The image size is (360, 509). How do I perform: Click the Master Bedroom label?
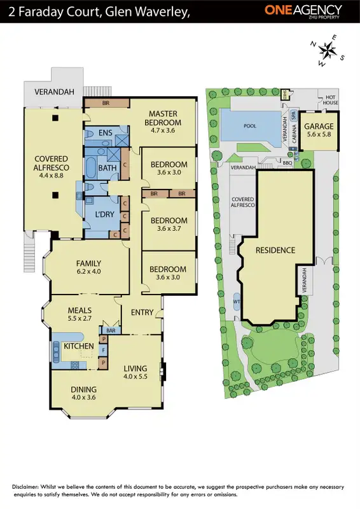(x=162, y=118)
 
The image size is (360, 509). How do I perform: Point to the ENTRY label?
(x=142, y=312)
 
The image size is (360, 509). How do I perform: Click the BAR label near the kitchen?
(x=111, y=331)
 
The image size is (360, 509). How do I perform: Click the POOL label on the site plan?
(x=250, y=126)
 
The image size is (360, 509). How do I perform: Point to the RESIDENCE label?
(x=276, y=250)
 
